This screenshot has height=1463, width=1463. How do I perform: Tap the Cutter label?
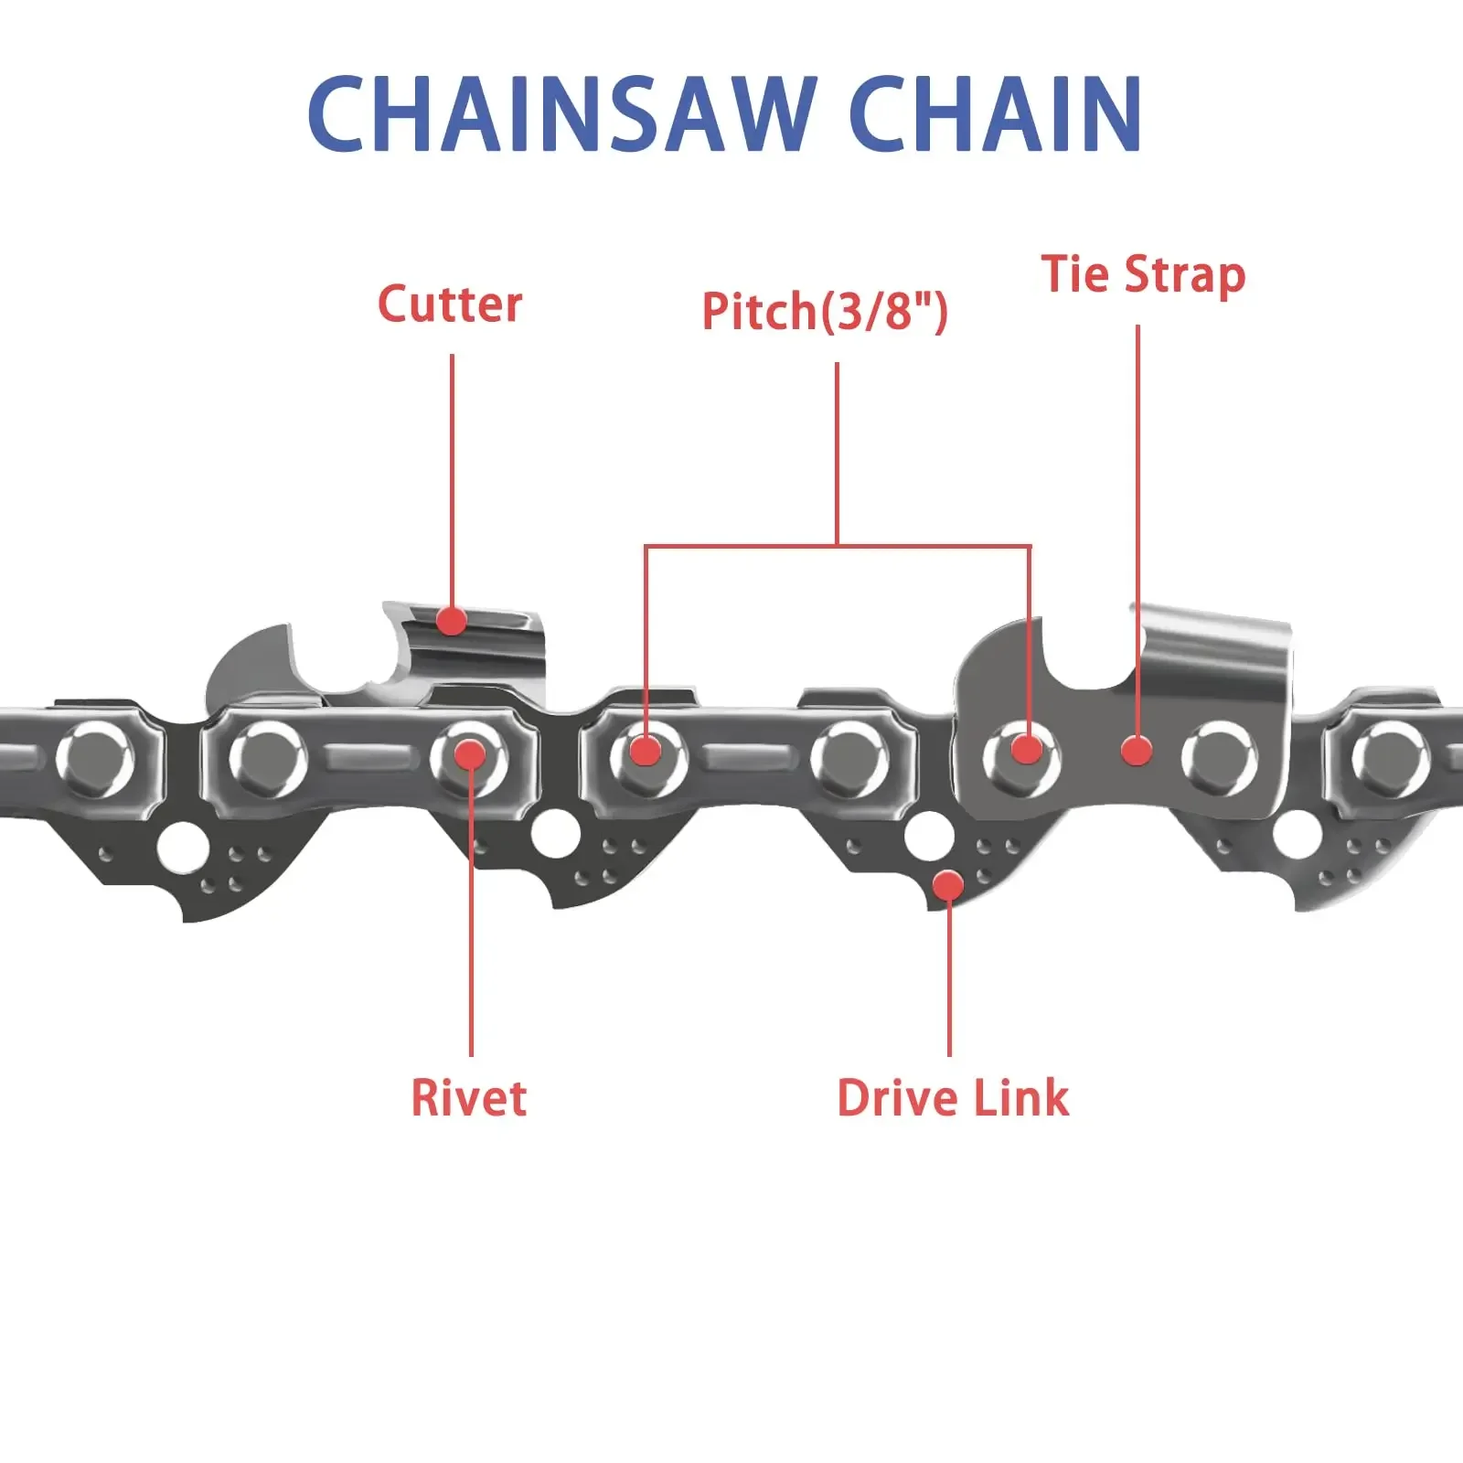(450, 304)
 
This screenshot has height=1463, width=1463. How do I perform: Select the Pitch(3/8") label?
(825, 311)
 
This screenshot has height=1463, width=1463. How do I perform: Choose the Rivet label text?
(469, 1098)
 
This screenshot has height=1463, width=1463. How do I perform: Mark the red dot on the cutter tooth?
(451, 621)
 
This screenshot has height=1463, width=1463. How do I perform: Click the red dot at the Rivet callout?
(470, 754)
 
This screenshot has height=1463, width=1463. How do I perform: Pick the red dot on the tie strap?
(1137, 751)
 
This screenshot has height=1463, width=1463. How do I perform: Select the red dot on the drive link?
(948, 885)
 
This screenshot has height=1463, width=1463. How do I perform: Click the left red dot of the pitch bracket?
(646, 751)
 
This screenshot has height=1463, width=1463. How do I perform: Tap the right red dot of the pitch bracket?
(1028, 750)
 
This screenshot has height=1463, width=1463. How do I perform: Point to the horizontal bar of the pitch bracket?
(837, 547)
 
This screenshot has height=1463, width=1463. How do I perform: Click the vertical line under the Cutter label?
(452, 475)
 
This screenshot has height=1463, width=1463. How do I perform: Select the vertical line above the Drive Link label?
(949, 978)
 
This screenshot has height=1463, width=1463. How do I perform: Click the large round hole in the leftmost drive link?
(179, 848)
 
